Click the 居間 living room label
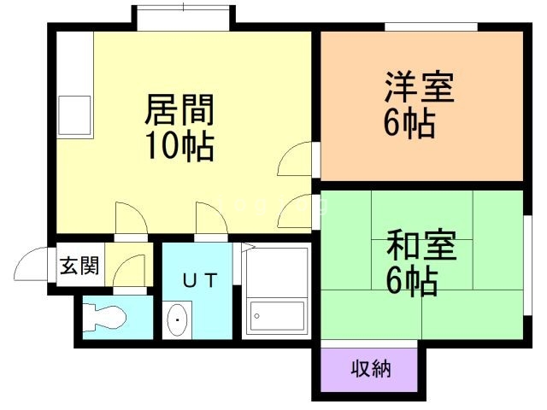tap(179, 110)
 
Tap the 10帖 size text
tap(179, 145)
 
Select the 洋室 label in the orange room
tap(420, 87)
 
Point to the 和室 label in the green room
tap(421, 245)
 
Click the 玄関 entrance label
tap(79, 266)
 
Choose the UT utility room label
tap(200, 280)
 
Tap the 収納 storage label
tap(370, 368)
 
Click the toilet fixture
tap(104, 317)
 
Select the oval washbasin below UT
tap(177, 319)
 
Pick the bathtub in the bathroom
tap(276, 316)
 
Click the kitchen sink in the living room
tap(74, 115)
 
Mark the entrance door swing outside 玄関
tap(31, 263)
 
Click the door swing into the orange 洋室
tap(294, 159)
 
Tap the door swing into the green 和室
tap(295, 212)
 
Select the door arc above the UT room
tap(211, 218)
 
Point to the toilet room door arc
tap(129, 271)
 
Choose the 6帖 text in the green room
tap(412, 281)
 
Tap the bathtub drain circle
tap(256, 316)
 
